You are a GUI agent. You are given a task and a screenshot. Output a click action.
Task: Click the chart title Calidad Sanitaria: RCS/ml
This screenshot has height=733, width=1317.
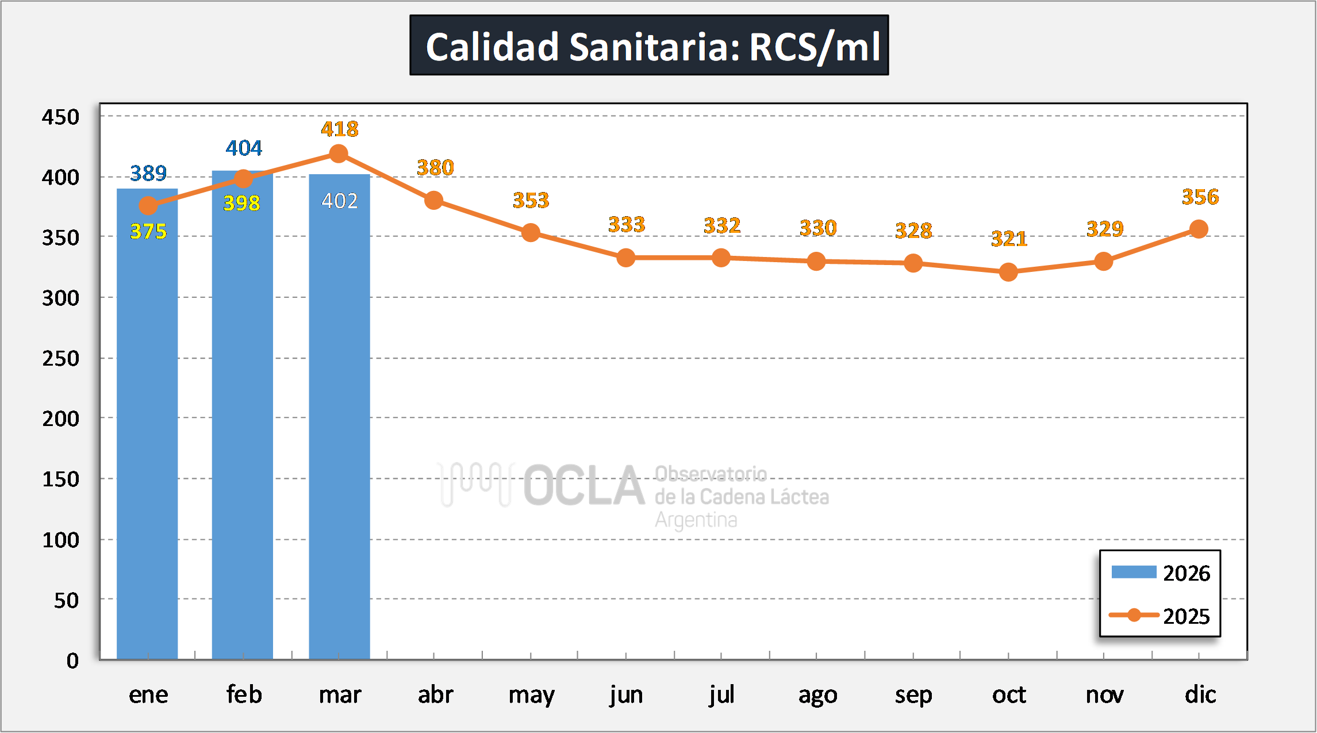649,45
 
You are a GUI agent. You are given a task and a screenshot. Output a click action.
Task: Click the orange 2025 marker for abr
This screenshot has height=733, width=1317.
433,201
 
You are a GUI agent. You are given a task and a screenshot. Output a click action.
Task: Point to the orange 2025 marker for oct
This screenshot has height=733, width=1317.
1008,272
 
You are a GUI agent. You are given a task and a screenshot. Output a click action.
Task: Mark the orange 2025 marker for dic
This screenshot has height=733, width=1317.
1199,229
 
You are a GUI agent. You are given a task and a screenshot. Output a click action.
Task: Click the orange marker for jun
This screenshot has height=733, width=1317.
626,258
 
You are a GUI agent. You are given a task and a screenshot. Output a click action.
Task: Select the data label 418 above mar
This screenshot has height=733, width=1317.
339,129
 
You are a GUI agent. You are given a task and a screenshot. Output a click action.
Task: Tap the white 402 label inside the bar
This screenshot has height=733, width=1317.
339,201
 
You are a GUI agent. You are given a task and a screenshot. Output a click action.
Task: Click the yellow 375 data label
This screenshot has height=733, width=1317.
148,232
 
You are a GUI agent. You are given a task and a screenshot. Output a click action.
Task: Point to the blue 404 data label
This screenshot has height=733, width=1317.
244,148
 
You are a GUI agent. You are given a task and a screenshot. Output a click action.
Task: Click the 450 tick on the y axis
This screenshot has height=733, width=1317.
60,117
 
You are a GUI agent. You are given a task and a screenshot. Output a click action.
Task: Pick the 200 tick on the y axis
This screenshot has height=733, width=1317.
60,419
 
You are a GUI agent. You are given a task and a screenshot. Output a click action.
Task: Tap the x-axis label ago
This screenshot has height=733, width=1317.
817,695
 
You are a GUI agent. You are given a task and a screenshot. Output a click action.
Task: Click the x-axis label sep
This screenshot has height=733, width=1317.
913,695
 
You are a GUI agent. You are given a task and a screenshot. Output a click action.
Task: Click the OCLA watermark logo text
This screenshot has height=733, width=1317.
583,486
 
